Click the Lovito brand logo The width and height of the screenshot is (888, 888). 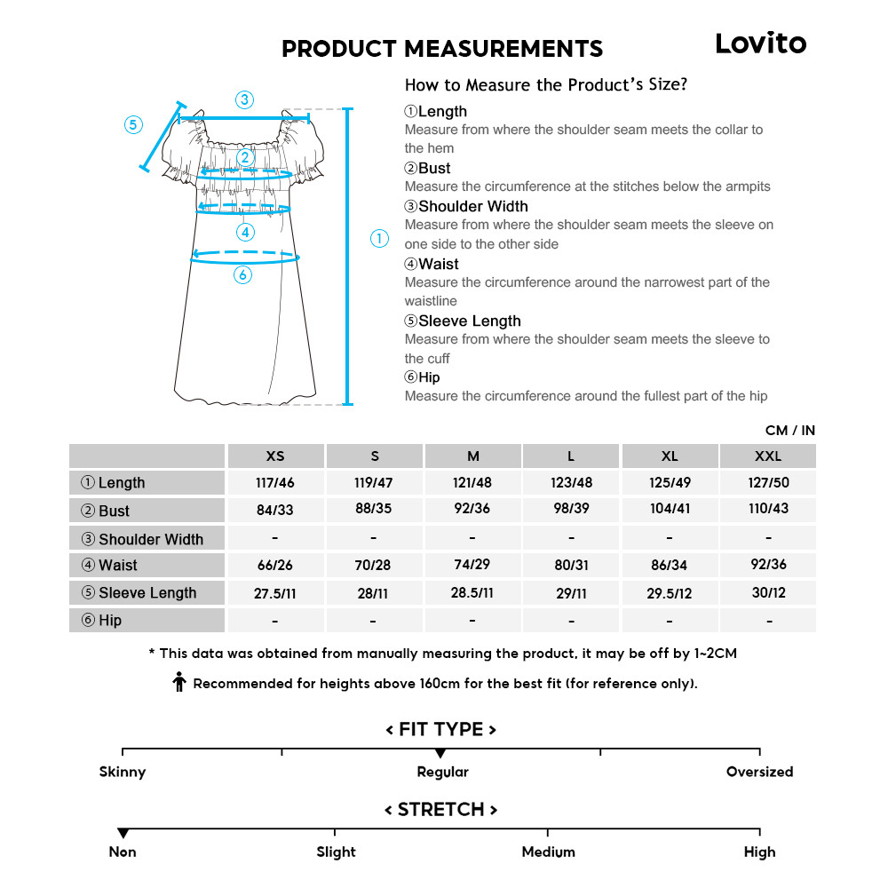(x=760, y=43)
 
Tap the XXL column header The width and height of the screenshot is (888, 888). (x=767, y=456)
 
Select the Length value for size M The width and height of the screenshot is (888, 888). (x=472, y=483)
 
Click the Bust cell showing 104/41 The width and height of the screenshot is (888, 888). (x=670, y=510)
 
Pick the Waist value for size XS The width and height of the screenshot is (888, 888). (x=275, y=566)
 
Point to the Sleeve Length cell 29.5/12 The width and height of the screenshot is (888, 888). (x=670, y=593)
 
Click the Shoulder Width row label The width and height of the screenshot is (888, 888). (x=147, y=539)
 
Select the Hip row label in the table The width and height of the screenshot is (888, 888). (x=147, y=621)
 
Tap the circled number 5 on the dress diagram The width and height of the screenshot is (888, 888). (x=133, y=124)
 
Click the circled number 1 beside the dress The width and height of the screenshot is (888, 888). (x=379, y=238)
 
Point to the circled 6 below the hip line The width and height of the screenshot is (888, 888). (x=243, y=275)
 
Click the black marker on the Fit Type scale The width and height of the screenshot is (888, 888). (x=440, y=753)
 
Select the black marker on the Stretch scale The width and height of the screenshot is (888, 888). (x=123, y=833)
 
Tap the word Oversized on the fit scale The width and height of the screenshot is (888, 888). (x=759, y=772)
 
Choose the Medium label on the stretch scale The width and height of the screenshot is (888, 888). (x=548, y=852)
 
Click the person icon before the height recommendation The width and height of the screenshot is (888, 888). (x=179, y=682)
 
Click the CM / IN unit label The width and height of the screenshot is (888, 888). (x=789, y=431)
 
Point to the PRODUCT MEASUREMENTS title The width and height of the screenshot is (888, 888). (x=442, y=49)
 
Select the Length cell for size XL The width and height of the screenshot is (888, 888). (x=670, y=483)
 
